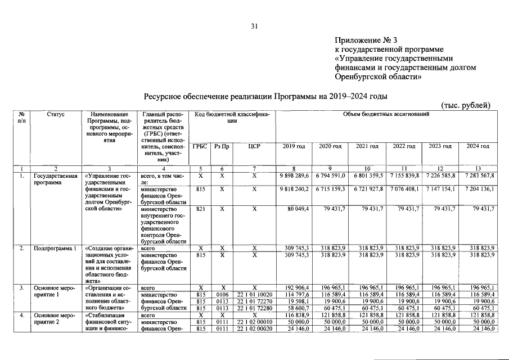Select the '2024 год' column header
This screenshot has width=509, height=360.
tap(478, 146)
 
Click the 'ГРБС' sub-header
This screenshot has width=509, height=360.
tap(200, 146)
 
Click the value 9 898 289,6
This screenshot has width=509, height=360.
tap(295, 176)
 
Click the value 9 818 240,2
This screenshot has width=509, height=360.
tap(295, 190)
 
